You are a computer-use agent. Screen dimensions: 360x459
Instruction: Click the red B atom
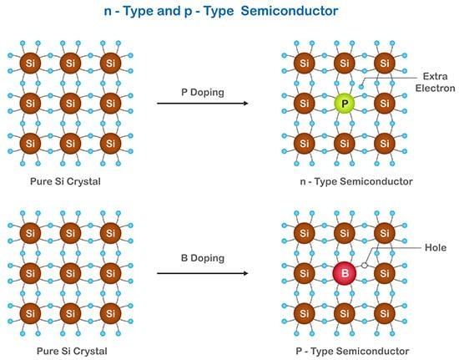coord(344,272)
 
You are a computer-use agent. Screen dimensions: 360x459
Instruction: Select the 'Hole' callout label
coord(436,247)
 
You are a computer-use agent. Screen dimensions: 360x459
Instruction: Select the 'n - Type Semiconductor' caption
coord(344,180)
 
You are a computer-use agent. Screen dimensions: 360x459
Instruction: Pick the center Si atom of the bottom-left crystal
coord(69,272)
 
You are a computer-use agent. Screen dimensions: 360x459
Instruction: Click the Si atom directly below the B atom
coord(344,312)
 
